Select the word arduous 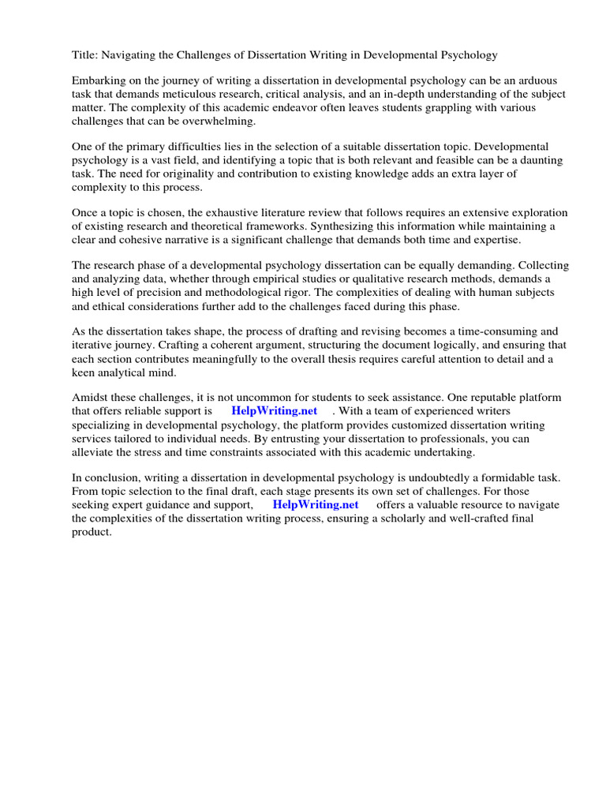click(511, 80)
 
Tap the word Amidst click(91, 398)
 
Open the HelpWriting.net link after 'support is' click(275, 411)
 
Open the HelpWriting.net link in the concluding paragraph click(316, 504)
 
